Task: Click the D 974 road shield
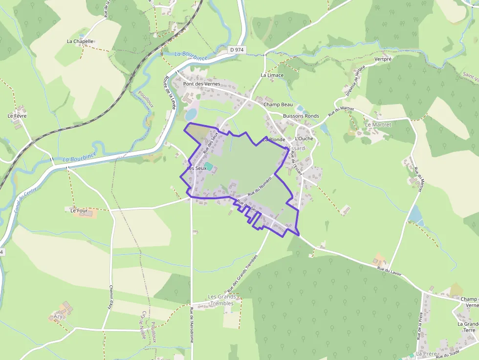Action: (237, 50)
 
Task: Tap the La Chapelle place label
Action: (80, 42)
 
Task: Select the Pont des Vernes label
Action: (201, 84)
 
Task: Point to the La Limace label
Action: (272, 75)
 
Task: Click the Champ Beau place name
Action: (278, 105)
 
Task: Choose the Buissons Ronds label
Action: (301, 116)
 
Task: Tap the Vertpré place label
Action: (383, 59)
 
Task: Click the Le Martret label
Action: (378, 125)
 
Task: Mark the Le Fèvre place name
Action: (17, 116)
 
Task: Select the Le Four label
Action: (78, 211)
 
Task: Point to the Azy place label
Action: (58, 316)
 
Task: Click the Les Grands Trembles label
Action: (222, 300)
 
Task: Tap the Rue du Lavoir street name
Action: (389, 271)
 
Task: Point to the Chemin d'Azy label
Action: (111, 297)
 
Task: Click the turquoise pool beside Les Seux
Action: (209, 167)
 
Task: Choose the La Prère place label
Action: (425, 353)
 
